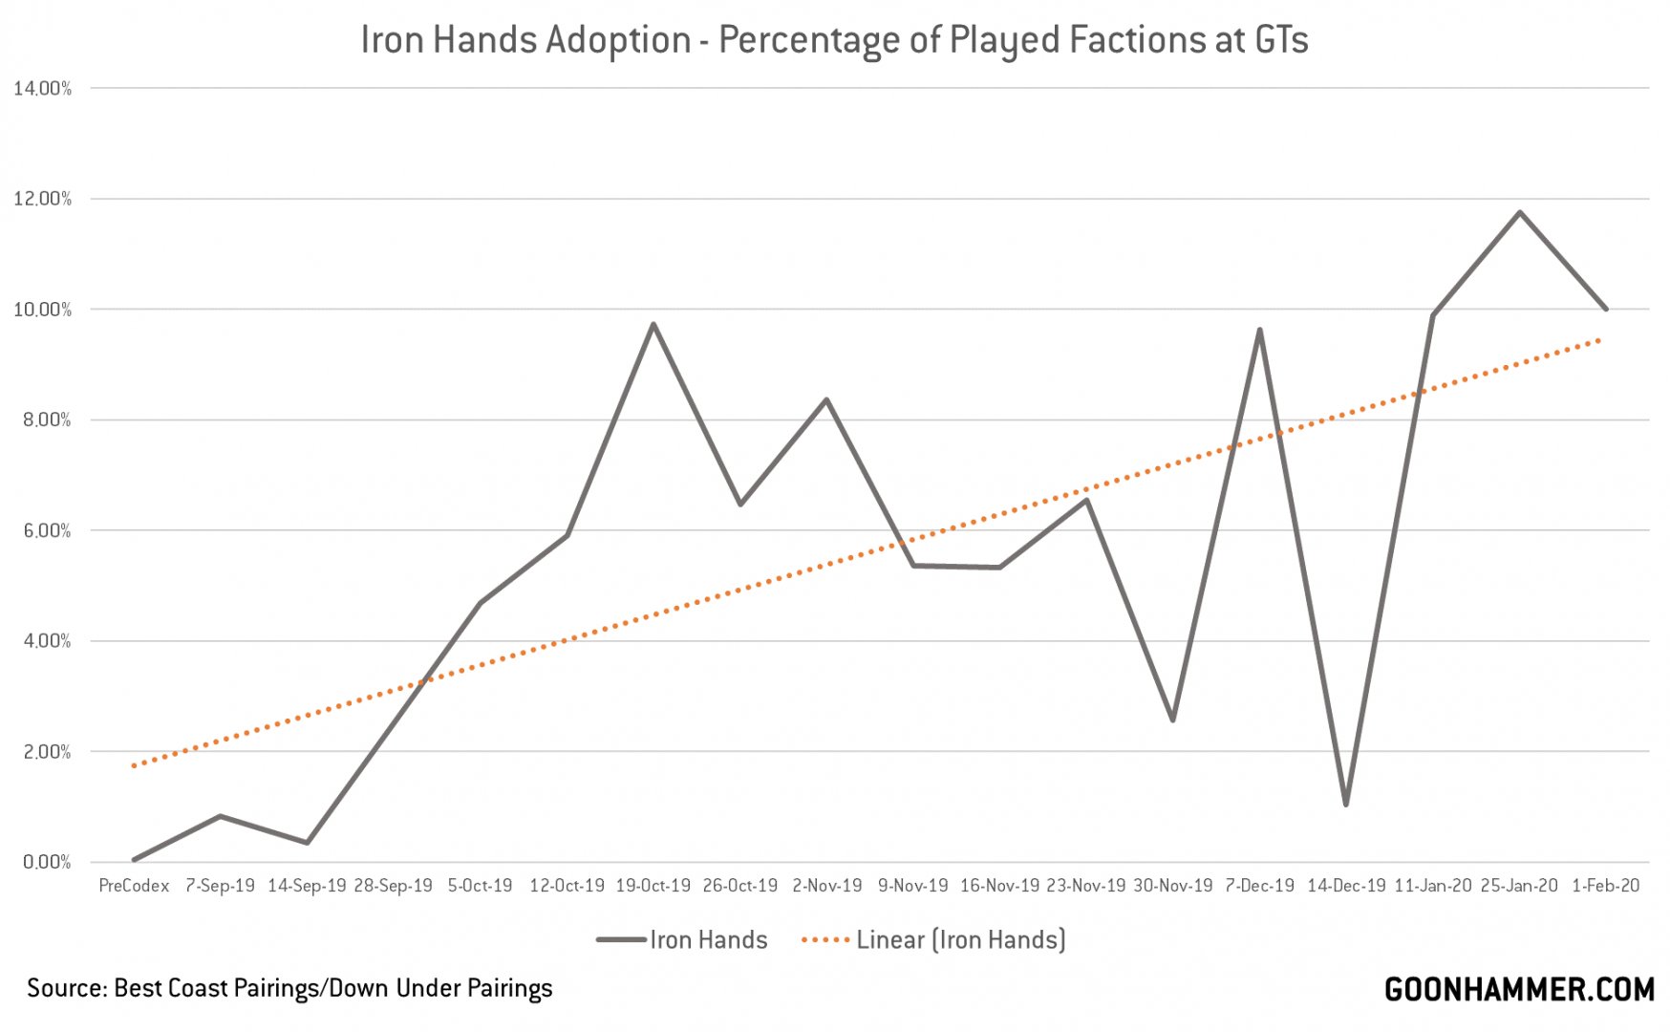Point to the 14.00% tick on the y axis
click(43, 89)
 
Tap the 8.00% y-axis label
click(43, 420)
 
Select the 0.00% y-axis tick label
click(43, 863)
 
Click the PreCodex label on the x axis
click(134, 886)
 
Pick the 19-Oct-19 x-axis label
click(653, 886)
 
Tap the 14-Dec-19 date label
click(1346, 886)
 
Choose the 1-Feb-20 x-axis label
click(1606, 886)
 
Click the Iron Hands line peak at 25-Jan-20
click(1519, 212)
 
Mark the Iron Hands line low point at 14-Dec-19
click(1346, 805)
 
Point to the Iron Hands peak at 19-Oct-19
click(653, 324)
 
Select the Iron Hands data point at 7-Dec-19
click(1259, 331)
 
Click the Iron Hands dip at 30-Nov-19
click(1172, 720)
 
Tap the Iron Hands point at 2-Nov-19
click(826, 399)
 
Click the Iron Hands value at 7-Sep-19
click(221, 816)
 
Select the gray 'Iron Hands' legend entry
click(682, 940)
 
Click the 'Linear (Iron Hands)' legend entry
click(933, 940)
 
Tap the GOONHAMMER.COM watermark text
click(1519, 990)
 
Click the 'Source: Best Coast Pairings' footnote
click(289, 988)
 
